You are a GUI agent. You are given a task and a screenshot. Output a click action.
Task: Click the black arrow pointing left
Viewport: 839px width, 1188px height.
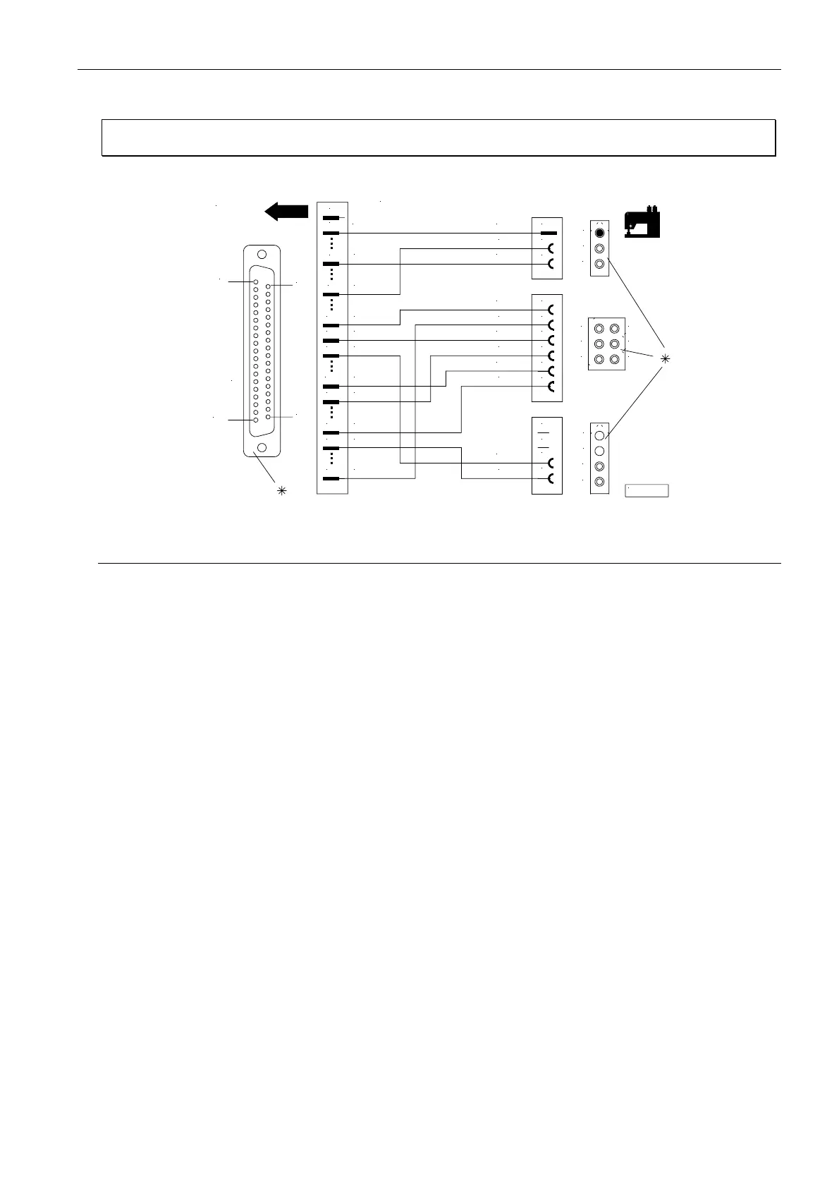(286, 211)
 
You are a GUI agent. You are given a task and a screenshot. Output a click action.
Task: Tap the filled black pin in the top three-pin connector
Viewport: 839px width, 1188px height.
(599, 233)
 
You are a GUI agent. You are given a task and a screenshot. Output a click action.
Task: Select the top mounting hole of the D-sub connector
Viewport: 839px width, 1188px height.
(262, 255)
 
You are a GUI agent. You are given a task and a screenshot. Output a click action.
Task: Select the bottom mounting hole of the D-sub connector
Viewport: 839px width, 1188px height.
(262, 447)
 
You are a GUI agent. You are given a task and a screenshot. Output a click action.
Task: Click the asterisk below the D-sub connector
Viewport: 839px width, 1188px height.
(281, 490)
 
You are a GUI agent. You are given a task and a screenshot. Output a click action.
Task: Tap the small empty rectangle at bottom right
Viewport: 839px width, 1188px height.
(647, 491)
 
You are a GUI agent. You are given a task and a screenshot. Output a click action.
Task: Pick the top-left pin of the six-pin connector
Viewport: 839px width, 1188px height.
(599, 329)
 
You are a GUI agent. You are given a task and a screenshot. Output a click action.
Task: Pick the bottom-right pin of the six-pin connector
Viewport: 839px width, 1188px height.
(615, 359)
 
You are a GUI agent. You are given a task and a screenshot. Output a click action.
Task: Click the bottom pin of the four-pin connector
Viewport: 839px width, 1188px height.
(599, 482)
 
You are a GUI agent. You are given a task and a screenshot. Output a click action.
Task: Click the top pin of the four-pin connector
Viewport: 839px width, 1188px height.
(599, 436)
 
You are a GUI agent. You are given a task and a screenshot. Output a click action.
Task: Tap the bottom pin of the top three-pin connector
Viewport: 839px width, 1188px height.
(599, 264)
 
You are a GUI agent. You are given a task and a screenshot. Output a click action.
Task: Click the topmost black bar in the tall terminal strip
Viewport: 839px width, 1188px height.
(331, 218)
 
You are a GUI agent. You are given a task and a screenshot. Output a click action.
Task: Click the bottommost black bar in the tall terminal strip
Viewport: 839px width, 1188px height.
(331, 478)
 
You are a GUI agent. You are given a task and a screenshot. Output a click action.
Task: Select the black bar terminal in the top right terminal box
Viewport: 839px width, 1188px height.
(549, 233)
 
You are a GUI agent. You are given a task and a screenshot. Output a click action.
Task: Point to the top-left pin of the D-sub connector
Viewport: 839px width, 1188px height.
(256, 282)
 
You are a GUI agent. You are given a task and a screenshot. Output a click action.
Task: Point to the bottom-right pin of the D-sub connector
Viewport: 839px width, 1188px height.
(269, 417)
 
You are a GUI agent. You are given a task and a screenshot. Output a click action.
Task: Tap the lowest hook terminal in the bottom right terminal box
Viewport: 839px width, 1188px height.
(552, 479)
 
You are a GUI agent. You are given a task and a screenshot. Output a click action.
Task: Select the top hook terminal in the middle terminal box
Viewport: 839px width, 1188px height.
(552, 310)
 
